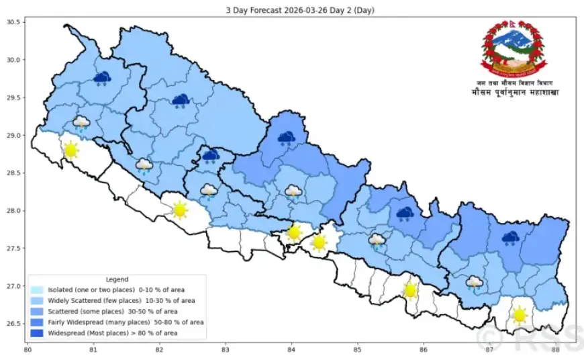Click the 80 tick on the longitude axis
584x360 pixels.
[x=28, y=349]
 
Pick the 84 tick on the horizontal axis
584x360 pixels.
[x=291, y=349]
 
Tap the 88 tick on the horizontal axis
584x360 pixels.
[x=555, y=349]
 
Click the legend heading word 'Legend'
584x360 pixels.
[x=117, y=279]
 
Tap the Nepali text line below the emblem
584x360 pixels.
[x=514, y=92]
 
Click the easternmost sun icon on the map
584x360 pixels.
[x=518, y=314]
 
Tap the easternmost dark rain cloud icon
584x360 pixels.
[x=511, y=238]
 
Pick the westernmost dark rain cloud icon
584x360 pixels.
[x=102, y=79]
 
